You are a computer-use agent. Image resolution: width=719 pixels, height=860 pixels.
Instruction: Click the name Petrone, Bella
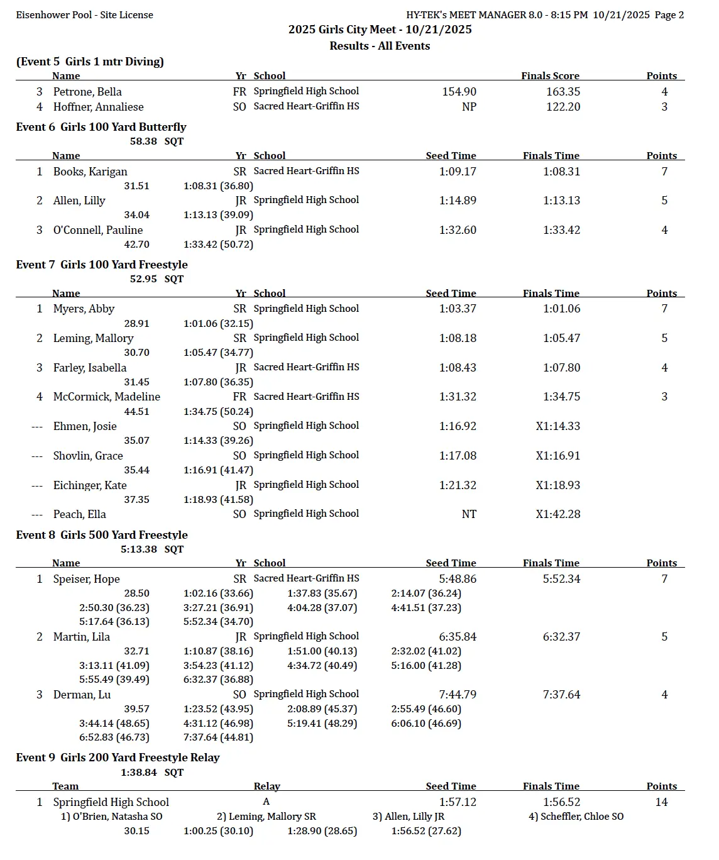pyautogui.click(x=87, y=92)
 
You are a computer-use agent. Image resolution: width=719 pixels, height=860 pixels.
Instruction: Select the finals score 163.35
pyautogui.click(x=563, y=92)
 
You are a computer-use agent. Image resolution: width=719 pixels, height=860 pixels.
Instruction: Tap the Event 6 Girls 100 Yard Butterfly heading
pyautogui.click(x=101, y=127)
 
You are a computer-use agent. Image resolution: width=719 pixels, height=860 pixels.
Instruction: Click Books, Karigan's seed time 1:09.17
pyautogui.click(x=458, y=172)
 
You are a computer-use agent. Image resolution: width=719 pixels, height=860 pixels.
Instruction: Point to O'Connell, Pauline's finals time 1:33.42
pyautogui.click(x=562, y=230)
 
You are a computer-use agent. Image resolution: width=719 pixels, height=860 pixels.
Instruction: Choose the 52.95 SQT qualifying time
pyautogui.click(x=156, y=279)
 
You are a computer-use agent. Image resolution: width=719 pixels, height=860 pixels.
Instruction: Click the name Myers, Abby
pyautogui.click(x=84, y=309)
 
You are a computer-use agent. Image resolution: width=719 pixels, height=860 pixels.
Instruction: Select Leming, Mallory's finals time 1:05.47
pyautogui.click(x=562, y=338)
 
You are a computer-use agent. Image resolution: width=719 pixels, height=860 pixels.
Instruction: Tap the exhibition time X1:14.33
pyautogui.click(x=558, y=426)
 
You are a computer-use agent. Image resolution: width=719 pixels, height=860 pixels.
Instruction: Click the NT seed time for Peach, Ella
pyautogui.click(x=469, y=514)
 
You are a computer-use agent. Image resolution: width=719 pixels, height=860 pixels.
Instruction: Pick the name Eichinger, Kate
pyautogui.click(x=90, y=485)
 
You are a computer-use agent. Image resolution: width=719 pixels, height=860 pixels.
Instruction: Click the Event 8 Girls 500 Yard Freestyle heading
pyautogui.click(x=102, y=535)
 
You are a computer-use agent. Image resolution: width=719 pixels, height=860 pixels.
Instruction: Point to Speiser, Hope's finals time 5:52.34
pyautogui.click(x=562, y=579)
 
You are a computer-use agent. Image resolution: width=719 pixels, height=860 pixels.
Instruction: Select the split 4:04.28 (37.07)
pyautogui.click(x=322, y=608)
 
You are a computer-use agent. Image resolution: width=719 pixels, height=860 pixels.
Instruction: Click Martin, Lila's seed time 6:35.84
pyautogui.click(x=458, y=637)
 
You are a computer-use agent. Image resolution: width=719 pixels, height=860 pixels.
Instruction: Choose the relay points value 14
pyautogui.click(x=661, y=802)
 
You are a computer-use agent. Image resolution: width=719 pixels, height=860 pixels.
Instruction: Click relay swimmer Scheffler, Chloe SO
pyautogui.click(x=576, y=817)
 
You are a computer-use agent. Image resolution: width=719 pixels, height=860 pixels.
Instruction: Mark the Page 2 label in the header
pyautogui.click(x=669, y=15)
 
